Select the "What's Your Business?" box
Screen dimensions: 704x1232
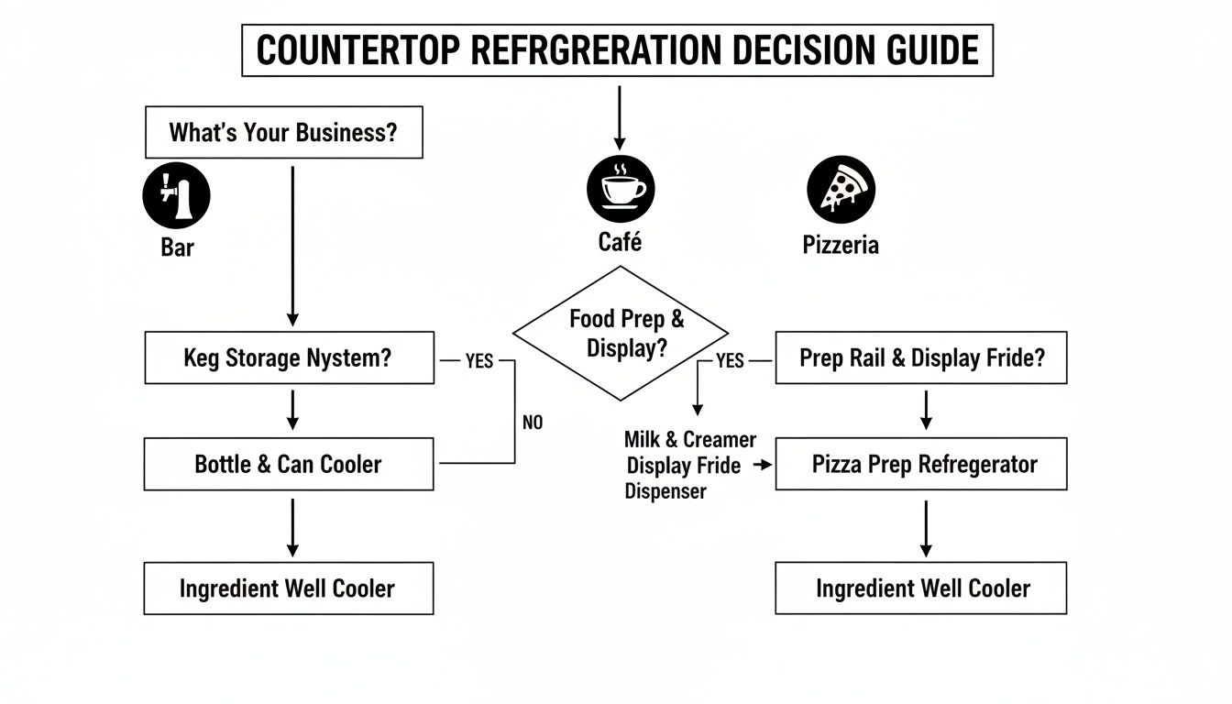click(284, 132)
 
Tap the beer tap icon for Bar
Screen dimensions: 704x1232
click(177, 197)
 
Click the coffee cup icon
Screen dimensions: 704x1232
click(620, 188)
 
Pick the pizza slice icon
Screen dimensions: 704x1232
click(841, 188)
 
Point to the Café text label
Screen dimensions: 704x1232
click(620, 243)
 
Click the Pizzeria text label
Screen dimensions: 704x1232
click(841, 246)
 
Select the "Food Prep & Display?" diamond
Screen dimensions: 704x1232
click(621, 334)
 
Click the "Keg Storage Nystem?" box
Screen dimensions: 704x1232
click(289, 357)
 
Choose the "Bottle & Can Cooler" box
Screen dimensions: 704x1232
click(289, 464)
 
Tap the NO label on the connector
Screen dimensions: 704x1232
click(533, 423)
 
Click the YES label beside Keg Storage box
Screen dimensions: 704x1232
click(478, 361)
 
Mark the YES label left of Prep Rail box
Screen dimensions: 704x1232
click(729, 361)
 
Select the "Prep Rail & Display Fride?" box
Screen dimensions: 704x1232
click(921, 357)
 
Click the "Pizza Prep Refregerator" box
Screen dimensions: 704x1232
click(921, 464)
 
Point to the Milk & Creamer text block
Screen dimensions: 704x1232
click(690, 466)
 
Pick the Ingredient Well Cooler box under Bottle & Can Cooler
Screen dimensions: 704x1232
click(289, 588)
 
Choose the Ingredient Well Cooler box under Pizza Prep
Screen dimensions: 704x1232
click(921, 588)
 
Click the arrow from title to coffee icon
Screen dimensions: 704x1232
click(620, 117)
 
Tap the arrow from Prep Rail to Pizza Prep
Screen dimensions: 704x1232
click(926, 410)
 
